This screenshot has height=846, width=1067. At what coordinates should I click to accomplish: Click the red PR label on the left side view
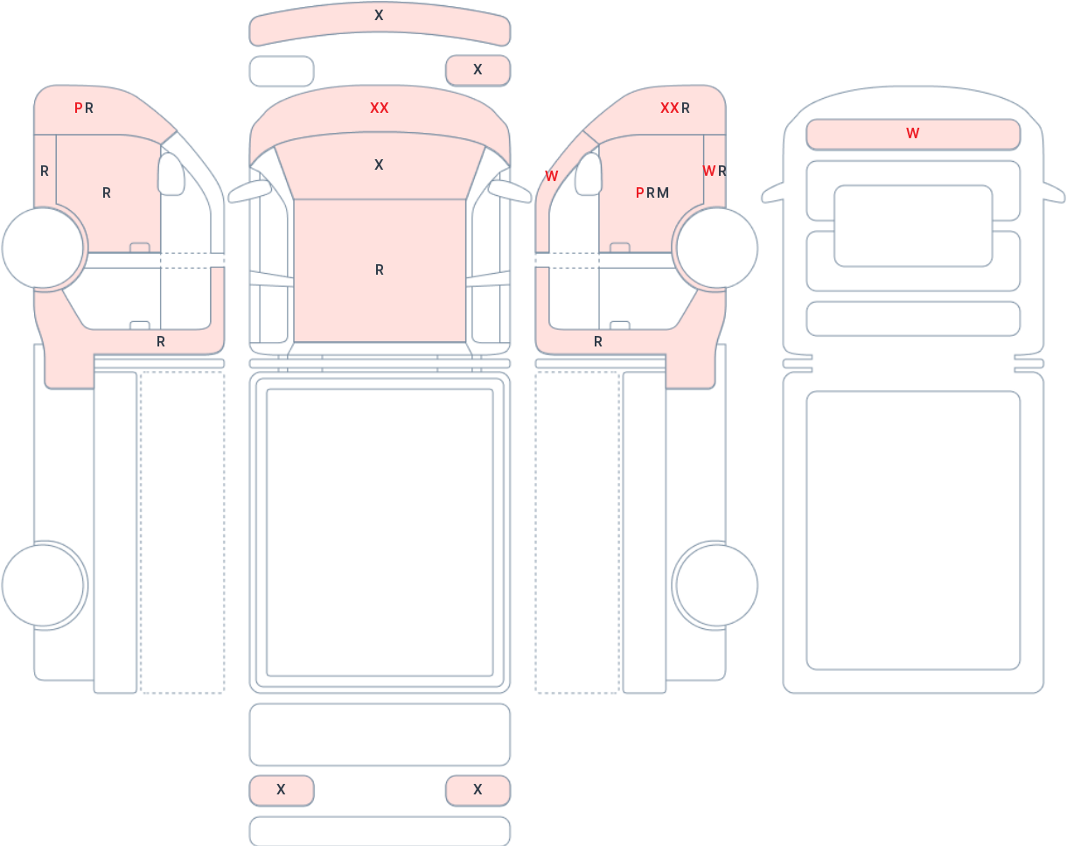(x=84, y=108)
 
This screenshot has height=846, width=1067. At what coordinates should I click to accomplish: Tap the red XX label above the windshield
(x=380, y=108)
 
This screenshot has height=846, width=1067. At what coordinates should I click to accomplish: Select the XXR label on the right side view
(x=675, y=108)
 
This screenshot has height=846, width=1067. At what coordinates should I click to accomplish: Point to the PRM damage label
(x=652, y=192)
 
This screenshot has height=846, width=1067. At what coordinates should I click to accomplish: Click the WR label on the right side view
(x=715, y=171)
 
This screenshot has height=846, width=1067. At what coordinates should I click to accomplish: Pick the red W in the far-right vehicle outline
(x=913, y=133)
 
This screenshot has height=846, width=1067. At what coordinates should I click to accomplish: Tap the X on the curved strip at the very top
(x=379, y=16)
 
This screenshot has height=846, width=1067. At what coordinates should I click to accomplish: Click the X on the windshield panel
(x=379, y=164)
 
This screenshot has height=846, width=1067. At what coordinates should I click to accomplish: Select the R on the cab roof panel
(x=380, y=269)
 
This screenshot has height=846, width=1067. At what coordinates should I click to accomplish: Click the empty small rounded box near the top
(x=282, y=71)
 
